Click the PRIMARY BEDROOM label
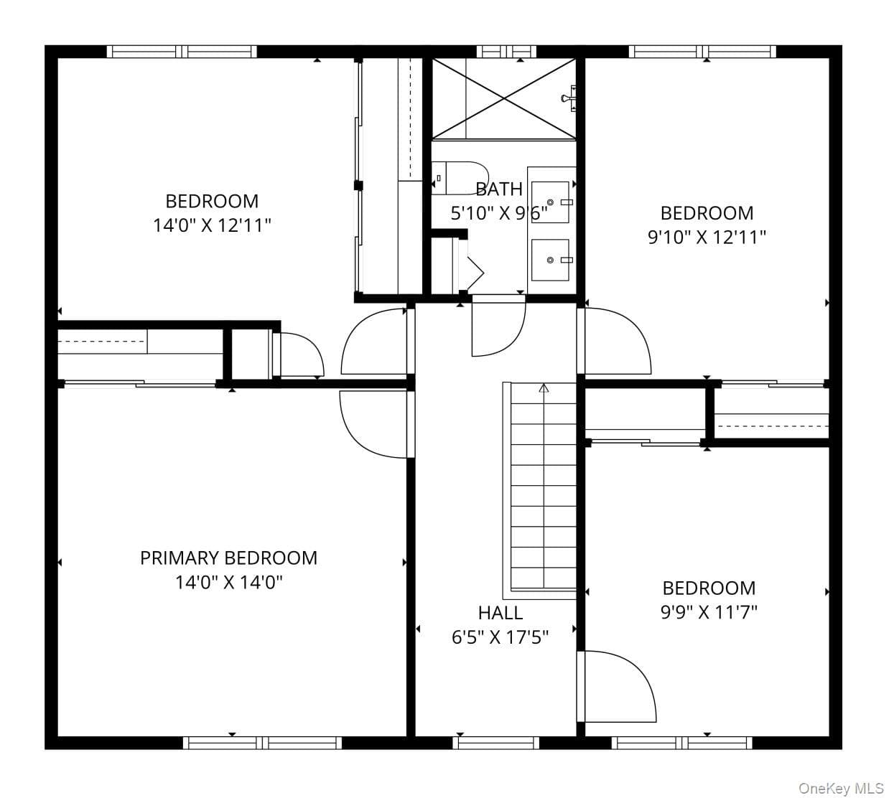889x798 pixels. (228, 558)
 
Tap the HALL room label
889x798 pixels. (501, 613)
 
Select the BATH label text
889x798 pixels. (499, 189)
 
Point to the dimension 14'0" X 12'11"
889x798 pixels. (212, 226)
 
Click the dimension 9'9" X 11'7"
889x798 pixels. (709, 612)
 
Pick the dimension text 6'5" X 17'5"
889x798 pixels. (501, 637)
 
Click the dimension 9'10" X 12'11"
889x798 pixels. (707, 238)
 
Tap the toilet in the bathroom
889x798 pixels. (460, 178)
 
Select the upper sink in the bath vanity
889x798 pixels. (550, 202)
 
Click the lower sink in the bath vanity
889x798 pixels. (550, 260)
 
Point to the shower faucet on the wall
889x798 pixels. (569, 98)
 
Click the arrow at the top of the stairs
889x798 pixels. (544, 388)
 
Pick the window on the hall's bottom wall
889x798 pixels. (495, 743)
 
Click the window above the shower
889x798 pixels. (506, 52)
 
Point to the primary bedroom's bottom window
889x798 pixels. (262, 743)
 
